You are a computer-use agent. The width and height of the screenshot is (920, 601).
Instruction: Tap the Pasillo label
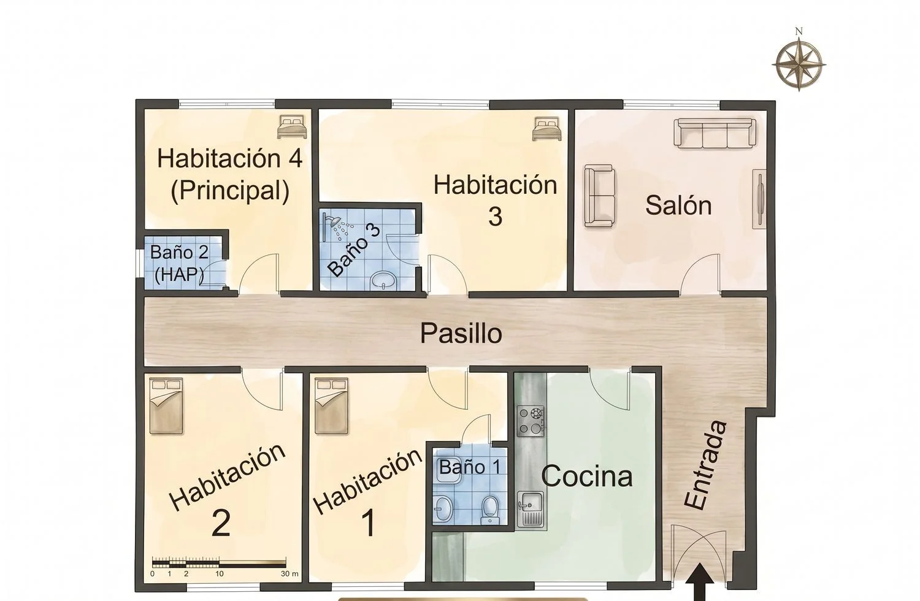pyautogui.click(x=461, y=334)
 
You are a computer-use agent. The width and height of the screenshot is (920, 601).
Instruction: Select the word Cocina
pyautogui.click(x=586, y=476)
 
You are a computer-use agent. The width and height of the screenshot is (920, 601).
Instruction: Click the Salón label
pyautogui.click(x=678, y=205)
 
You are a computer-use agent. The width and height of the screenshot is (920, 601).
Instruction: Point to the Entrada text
pyautogui.click(x=705, y=465)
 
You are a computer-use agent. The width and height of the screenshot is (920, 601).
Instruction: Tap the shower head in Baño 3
pyautogui.click(x=337, y=226)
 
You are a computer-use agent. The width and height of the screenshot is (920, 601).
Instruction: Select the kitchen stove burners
pyautogui.click(x=531, y=421)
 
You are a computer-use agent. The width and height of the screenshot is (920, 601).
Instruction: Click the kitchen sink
pyautogui.click(x=531, y=509)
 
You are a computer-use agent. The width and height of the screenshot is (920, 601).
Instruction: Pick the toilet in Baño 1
pyautogui.click(x=489, y=510)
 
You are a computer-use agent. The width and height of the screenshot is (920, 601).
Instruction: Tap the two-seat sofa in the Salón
pyautogui.click(x=600, y=196)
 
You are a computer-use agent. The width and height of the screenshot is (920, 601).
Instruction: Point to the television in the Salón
pyautogui.click(x=759, y=199)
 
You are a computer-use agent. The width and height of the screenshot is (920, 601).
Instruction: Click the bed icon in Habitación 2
pyautogui.click(x=166, y=406)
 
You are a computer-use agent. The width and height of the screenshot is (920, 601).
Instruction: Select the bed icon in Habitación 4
pyautogui.click(x=292, y=126)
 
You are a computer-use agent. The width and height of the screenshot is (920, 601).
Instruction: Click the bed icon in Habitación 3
pyautogui.click(x=547, y=129)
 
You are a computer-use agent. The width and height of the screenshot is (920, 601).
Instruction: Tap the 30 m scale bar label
pyautogui.click(x=289, y=574)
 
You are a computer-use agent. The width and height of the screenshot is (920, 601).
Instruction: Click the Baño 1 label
pyautogui.click(x=470, y=467)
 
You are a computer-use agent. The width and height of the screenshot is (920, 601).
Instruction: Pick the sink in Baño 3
pyautogui.click(x=383, y=281)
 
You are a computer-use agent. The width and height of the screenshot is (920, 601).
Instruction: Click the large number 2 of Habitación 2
pyautogui.click(x=221, y=523)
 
